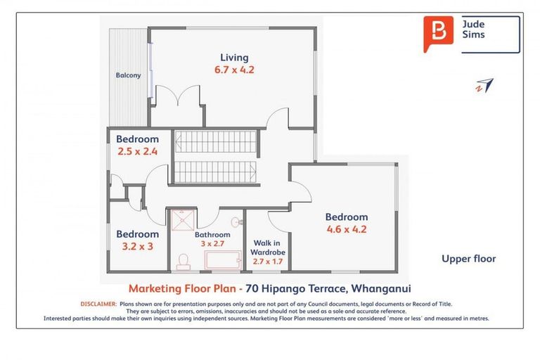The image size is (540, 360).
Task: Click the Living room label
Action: pos(234,57)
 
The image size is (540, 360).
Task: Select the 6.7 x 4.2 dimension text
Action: pos(234,70)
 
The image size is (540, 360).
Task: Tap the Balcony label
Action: pos(128,75)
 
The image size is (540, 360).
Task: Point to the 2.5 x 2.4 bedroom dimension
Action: pos(138,150)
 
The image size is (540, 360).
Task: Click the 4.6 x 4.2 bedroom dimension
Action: pos(346,229)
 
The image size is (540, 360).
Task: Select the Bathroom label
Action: pos(212,235)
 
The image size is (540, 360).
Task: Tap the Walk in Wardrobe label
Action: pos(267,247)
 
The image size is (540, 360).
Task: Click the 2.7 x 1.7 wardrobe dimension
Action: pos(267,262)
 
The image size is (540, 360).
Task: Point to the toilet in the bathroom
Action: pos(184,262)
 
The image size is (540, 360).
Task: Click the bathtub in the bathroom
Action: pos(223,261)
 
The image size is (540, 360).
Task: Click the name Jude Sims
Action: pos(472,29)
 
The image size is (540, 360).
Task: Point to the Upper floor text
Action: pos(468,259)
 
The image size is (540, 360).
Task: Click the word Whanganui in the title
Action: pos(380,288)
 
